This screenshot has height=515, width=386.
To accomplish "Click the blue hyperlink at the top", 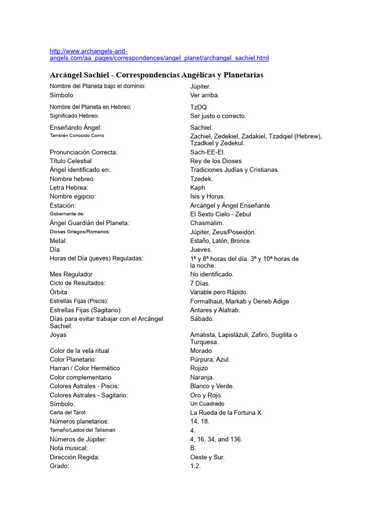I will pyautogui.click(x=159, y=58).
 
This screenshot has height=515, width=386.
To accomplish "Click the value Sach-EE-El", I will pyautogui.click(x=208, y=152).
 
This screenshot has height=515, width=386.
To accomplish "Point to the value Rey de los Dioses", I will pyautogui.click(x=216, y=161).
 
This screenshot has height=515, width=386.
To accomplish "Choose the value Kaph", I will pyautogui.click(x=198, y=188).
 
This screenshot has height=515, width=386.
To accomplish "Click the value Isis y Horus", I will pyautogui.click(x=208, y=196).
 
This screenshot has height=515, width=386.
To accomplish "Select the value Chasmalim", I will pyautogui.click(x=207, y=223).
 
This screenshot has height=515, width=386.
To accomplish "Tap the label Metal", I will pyautogui.click(x=58, y=241).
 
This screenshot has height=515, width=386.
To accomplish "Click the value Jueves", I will pyautogui.click(x=201, y=249).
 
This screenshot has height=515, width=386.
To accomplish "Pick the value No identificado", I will pyautogui.click(x=212, y=275).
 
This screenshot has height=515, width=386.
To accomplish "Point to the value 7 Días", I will pyautogui.click(x=200, y=283).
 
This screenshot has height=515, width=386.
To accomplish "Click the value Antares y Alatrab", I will pyautogui.click(x=215, y=310).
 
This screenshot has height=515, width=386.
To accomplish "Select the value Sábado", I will pyautogui.click(x=202, y=319).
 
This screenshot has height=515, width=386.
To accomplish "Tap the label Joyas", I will pyautogui.click(x=58, y=334).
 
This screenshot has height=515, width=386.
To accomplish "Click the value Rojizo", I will pyautogui.click(x=199, y=368).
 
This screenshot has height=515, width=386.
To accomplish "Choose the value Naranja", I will pyautogui.click(x=202, y=377).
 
